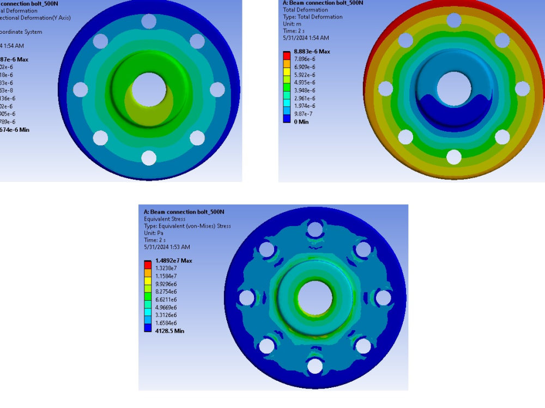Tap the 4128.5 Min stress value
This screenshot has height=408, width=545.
169,331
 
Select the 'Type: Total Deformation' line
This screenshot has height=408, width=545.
313,17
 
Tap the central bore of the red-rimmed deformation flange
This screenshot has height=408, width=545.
453,88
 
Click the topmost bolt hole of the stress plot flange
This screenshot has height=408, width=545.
314,229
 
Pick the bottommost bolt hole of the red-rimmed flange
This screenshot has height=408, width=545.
453,157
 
